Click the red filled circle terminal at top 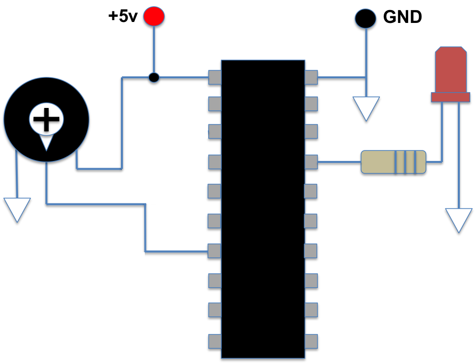click(154, 16)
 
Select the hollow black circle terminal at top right click(366, 18)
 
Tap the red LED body click(451, 69)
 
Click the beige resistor click(393, 162)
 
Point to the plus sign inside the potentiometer click(46, 118)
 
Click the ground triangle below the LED click(459, 218)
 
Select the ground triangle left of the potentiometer click(17, 208)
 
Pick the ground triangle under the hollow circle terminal click(366, 107)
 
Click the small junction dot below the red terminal click(154, 77)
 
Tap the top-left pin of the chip click(215, 77)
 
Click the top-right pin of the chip click(311, 77)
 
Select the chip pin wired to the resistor click(311, 162)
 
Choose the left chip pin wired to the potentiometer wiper click(214, 251)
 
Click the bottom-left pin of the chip click(215, 341)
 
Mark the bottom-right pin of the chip click(311, 341)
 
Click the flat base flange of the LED click(451, 97)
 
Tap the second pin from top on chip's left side click(215, 104)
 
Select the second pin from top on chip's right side click(311, 104)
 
